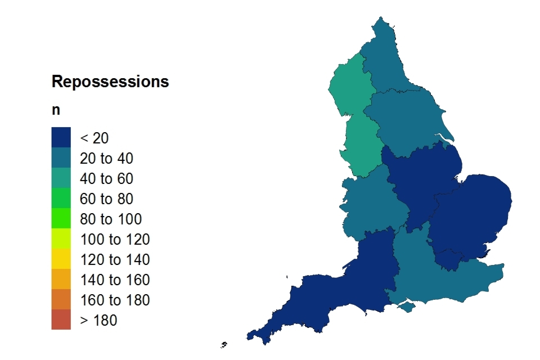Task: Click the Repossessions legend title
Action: pyautogui.click(x=110, y=82)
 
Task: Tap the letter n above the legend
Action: pyautogui.click(x=56, y=110)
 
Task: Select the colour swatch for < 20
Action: pyautogui.click(x=61, y=137)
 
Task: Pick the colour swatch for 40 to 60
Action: pyautogui.click(x=61, y=178)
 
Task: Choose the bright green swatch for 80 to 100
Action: pyautogui.click(x=61, y=219)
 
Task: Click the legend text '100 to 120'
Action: pyautogui.click(x=114, y=240)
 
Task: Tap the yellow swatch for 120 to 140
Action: pyautogui.click(x=61, y=260)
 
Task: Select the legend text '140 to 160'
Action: pyautogui.click(x=114, y=280)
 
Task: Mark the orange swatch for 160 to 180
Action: pyautogui.click(x=61, y=300)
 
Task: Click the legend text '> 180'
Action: pyautogui.click(x=98, y=321)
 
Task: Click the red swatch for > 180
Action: pyautogui.click(x=61, y=320)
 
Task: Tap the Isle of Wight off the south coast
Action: pyautogui.click(x=406, y=307)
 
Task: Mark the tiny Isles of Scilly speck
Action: pyautogui.click(x=224, y=344)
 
